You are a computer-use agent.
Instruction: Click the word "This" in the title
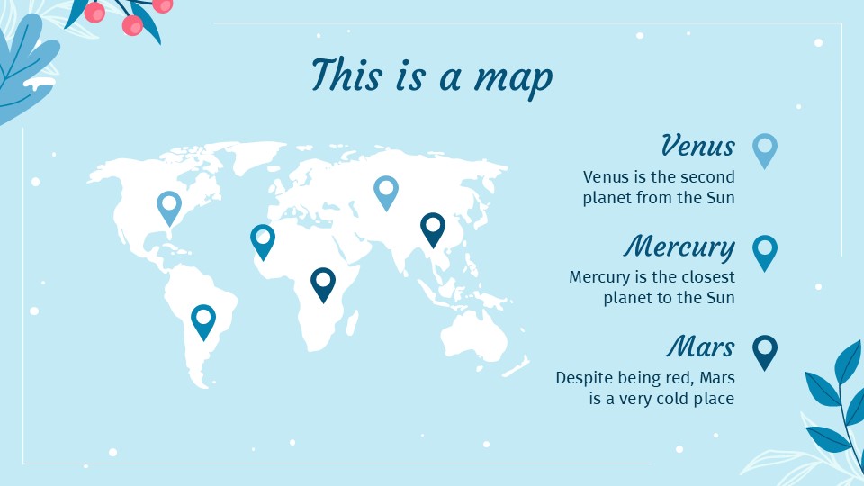(347, 74)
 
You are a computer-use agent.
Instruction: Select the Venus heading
(697, 145)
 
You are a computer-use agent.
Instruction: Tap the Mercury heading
(679, 246)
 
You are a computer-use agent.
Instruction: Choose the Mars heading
(701, 346)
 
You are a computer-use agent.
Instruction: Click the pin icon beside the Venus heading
(764, 149)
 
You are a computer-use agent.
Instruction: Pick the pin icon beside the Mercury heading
(764, 252)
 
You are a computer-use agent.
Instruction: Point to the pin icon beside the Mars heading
(764, 351)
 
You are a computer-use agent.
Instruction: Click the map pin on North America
(168, 207)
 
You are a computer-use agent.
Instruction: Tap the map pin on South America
(203, 320)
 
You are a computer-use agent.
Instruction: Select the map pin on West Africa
(262, 240)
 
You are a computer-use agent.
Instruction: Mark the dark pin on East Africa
(322, 283)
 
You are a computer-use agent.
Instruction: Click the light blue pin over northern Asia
(386, 192)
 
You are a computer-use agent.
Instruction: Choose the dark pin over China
(433, 229)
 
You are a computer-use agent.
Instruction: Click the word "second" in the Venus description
(708, 177)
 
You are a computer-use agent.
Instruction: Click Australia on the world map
(472, 337)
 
